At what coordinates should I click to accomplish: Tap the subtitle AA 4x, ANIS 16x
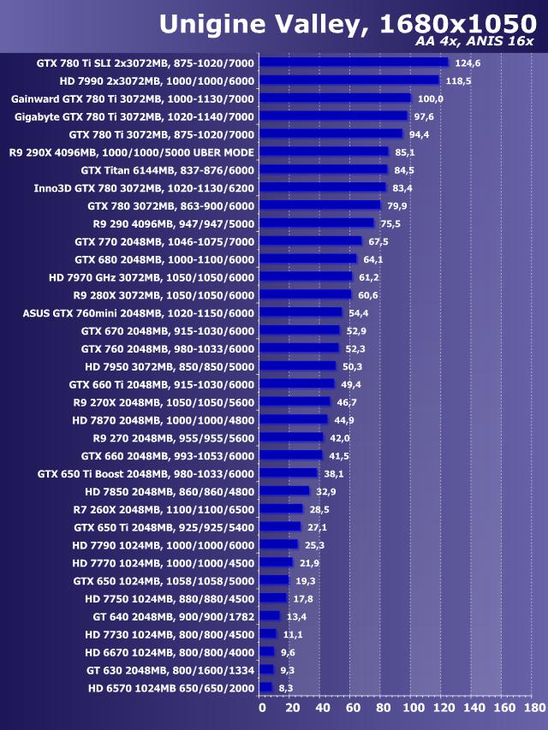coord(474,42)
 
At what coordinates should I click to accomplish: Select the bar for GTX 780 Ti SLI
coord(354,62)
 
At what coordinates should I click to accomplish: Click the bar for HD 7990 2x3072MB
coord(349,80)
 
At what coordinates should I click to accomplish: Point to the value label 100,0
coord(431,98)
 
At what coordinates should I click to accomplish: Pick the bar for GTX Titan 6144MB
coord(323,169)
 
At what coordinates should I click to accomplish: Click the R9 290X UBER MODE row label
coord(132,152)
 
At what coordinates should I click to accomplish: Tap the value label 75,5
coord(392,223)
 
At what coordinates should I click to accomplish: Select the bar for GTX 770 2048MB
coord(311,241)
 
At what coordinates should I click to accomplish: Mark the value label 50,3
coord(354,366)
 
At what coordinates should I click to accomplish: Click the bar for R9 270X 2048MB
coord(295,401)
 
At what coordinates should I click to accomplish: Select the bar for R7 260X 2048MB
coord(281,509)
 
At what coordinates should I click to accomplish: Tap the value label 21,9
coord(310,562)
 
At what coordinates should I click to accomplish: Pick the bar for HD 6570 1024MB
coord(265,687)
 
